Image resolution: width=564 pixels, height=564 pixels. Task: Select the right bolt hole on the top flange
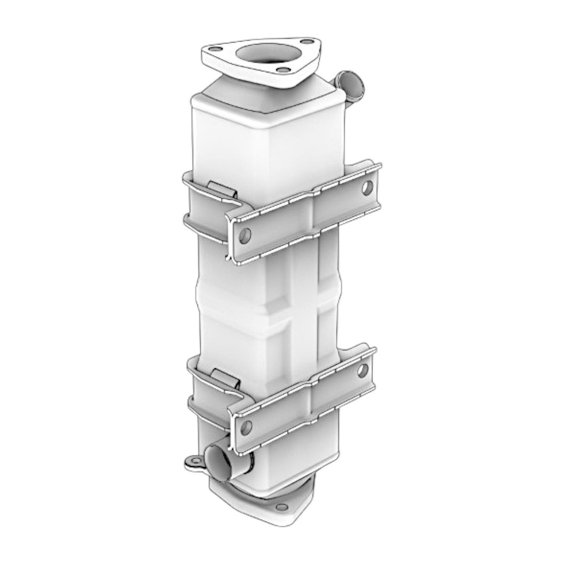[308, 41]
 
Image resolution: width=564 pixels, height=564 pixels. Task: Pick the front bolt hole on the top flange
[279, 70]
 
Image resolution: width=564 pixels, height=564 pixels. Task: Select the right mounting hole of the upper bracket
[367, 187]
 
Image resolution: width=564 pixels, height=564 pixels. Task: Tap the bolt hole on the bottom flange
[279, 507]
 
